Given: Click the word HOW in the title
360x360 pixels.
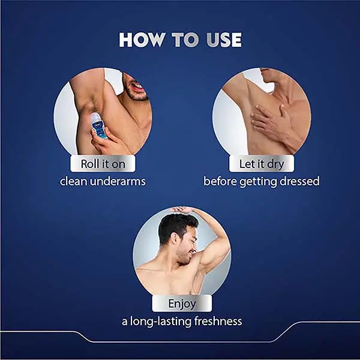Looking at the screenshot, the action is (x=142, y=40).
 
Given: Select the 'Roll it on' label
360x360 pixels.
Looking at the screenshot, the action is (x=103, y=164).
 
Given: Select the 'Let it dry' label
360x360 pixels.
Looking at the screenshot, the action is (x=262, y=164).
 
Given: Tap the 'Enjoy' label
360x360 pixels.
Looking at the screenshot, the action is (x=182, y=304).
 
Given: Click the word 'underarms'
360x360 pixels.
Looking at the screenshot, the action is (x=118, y=181).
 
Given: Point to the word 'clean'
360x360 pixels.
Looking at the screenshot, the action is (x=73, y=181).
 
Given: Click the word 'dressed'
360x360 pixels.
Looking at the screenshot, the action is (x=299, y=181).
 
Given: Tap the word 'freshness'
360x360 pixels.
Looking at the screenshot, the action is (x=218, y=321).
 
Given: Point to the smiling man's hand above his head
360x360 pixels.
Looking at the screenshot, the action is (x=182, y=210).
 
